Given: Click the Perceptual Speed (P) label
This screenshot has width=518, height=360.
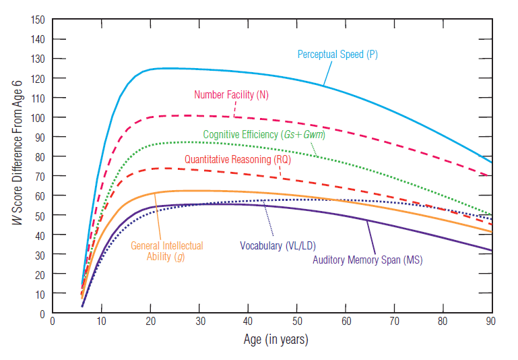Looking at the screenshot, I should (337, 55).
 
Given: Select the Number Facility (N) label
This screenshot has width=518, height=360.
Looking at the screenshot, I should (231, 94).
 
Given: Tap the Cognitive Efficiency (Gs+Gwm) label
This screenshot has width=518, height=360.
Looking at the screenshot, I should (264, 134).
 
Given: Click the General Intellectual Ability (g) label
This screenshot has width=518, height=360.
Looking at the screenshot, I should (166, 251).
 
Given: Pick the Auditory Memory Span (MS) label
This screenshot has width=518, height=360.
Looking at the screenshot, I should (367, 260).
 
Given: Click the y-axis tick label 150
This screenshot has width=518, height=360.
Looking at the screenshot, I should (38, 20).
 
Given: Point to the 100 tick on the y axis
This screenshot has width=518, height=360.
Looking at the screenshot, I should (38, 117).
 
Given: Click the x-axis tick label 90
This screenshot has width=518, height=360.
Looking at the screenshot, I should (492, 322).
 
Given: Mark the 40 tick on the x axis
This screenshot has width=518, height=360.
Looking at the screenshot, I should (248, 322).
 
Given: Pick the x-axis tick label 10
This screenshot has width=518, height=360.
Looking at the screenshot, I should (101, 322).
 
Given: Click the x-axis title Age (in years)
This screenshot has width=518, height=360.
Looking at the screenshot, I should (276, 340).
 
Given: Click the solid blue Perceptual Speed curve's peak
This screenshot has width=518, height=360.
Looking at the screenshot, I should (165, 68).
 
